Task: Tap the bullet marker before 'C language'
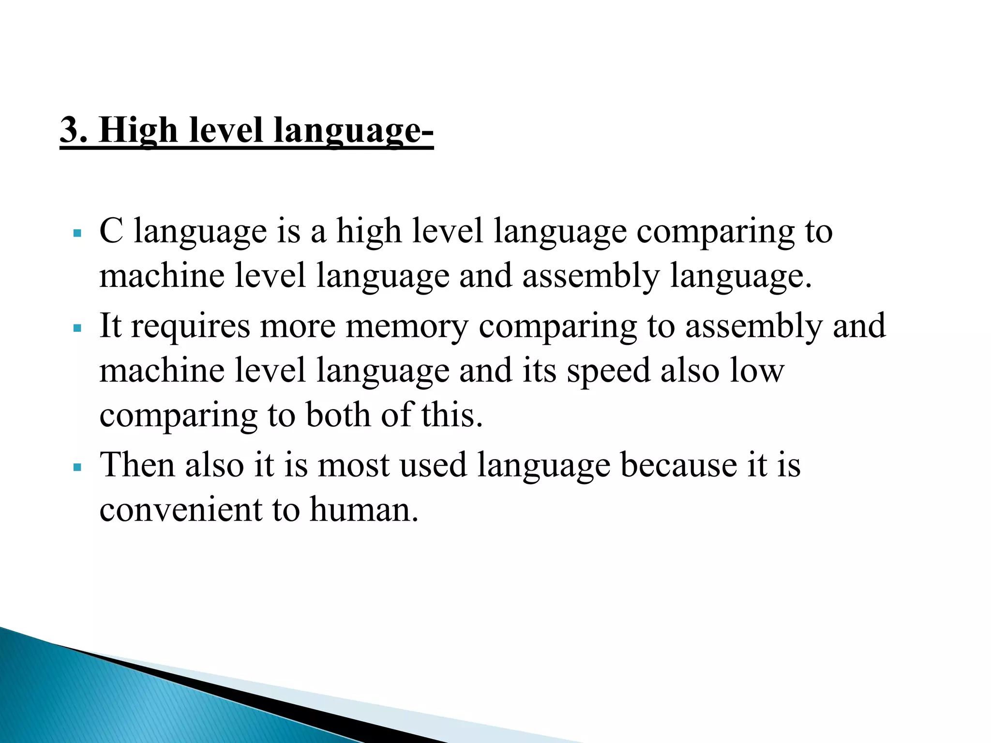77,233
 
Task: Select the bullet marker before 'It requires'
77,328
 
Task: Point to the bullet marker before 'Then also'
77,467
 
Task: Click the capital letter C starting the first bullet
111,231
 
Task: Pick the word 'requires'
191,327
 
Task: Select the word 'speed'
608,371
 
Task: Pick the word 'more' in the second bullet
298,327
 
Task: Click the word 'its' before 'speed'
540,371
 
